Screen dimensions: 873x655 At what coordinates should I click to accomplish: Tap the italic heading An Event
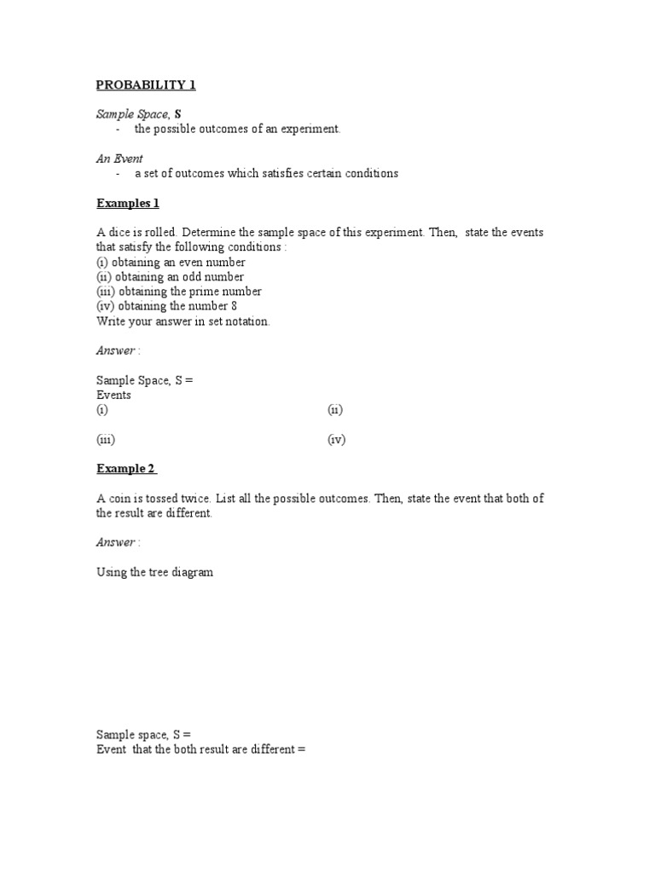pyautogui.click(x=119, y=159)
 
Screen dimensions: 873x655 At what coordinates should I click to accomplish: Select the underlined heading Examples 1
pyautogui.click(x=127, y=203)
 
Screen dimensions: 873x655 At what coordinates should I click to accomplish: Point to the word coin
pyautogui.click(x=119, y=499)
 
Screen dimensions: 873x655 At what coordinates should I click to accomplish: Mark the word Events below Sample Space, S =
pyautogui.click(x=113, y=396)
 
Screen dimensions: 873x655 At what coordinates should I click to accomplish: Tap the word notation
pyautogui.click(x=246, y=321)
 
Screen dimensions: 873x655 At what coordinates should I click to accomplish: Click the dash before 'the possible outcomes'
pyautogui.click(x=118, y=129)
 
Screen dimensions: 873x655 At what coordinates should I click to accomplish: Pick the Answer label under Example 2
pyautogui.click(x=115, y=542)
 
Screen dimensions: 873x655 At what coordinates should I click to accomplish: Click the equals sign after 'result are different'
pyautogui.click(x=301, y=749)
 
